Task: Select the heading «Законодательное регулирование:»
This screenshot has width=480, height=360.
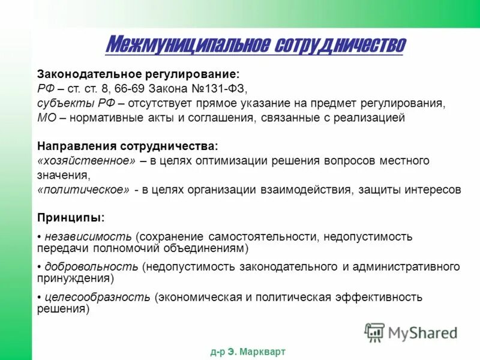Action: tap(138, 74)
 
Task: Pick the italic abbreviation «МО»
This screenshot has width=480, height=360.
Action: tap(47, 118)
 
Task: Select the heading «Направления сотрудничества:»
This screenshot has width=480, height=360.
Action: tap(127, 146)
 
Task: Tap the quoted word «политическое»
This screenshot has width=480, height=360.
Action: tap(83, 190)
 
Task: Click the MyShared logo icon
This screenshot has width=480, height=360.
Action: tap(375, 332)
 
